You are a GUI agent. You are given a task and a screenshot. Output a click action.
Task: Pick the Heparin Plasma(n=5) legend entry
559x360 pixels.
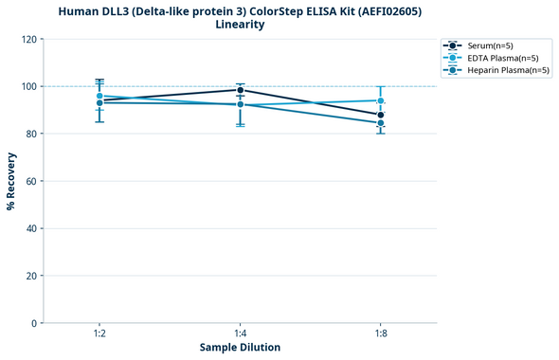[x=494, y=70]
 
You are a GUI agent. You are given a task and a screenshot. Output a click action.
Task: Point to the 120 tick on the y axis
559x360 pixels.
[x=30, y=39]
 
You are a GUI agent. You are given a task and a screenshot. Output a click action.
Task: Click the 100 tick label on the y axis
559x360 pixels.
[x=30, y=86]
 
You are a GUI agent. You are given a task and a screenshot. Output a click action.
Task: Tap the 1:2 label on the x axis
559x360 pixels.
[x=99, y=333]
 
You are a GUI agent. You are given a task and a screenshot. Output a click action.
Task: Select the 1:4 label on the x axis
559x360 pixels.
[x=240, y=333]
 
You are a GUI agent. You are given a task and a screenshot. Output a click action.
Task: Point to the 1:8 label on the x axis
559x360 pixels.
[x=380, y=333]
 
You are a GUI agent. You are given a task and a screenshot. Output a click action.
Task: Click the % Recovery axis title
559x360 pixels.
[x=11, y=180]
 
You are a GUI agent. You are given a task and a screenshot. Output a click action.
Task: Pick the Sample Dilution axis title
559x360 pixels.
[x=240, y=348]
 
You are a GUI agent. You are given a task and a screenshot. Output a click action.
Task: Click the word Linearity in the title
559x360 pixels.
[x=240, y=25]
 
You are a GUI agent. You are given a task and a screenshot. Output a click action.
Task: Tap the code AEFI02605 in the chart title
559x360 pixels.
[x=386, y=11]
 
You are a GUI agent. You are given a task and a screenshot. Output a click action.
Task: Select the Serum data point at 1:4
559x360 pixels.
[x=240, y=90]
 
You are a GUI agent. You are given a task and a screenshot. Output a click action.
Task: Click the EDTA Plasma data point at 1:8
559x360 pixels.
[x=380, y=100]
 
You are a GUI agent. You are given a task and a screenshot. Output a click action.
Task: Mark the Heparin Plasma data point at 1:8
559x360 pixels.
[x=380, y=123]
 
